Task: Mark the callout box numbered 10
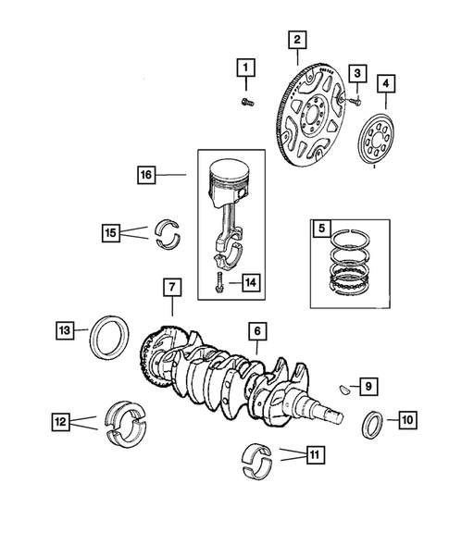click(x=406, y=420)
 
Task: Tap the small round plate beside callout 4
click(x=379, y=139)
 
